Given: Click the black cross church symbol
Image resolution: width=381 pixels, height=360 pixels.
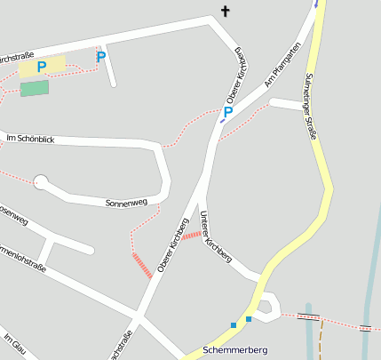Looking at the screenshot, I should coord(225,12).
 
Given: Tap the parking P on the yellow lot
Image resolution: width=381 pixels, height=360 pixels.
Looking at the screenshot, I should coord(42,67).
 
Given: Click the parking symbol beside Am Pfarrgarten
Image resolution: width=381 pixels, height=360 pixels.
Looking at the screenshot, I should coord(228,112).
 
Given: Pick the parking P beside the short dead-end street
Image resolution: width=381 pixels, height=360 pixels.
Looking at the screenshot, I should coord(101,57).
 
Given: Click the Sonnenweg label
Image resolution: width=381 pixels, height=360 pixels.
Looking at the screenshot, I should coord(125,203).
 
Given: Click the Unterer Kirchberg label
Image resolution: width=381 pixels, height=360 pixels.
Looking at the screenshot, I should coord(216,236).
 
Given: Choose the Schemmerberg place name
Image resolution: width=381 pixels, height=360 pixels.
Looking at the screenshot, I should coord(234,350).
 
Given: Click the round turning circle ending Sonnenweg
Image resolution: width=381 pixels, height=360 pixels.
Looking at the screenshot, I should coord(40,182).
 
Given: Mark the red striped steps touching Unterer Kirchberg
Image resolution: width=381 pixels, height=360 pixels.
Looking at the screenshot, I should coord(192,235).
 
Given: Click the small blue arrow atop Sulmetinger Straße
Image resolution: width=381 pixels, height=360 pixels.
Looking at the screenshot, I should coord(315,4).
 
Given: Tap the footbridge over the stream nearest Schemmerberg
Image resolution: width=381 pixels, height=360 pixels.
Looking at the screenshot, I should coord(308,316).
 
